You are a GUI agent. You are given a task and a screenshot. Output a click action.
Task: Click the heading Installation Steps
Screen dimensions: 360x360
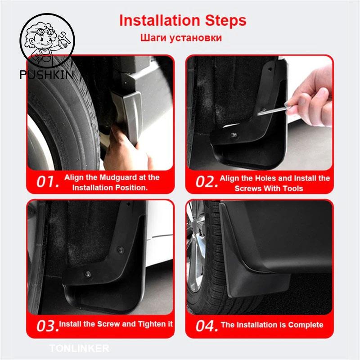tap(182, 21)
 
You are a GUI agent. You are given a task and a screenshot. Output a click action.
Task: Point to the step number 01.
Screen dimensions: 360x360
tap(48, 182)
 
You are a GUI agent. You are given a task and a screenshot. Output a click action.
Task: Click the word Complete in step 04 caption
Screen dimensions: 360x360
tap(306, 324)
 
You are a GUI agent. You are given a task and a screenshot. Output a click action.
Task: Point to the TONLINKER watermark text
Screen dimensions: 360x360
tap(79, 348)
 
